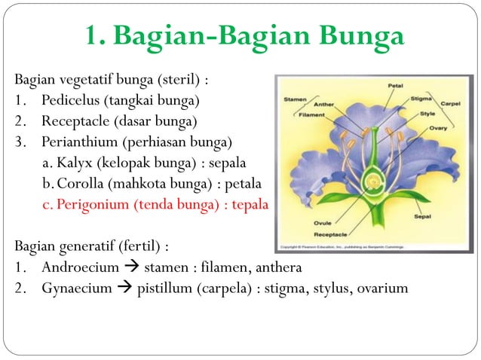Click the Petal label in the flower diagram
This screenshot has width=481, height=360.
tap(395, 86)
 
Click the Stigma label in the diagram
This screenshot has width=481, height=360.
tap(421, 99)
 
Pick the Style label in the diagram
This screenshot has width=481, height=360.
tap(427, 114)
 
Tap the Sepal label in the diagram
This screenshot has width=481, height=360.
tap(423, 216)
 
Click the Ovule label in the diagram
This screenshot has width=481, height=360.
tap(323, 223)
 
